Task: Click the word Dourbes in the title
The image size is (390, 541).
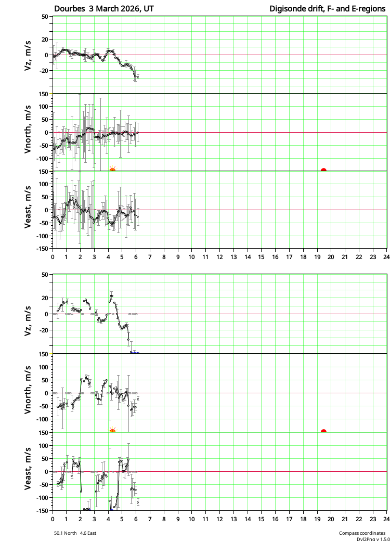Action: pos(69,9)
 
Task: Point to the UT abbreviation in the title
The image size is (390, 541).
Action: pos(149,9)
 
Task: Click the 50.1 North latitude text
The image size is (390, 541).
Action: pos(66,533)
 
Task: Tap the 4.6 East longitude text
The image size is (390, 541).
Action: pos(88,533)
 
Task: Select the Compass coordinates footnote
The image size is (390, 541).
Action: pos(362,533)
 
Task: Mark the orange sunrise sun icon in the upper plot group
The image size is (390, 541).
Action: pos(112,169)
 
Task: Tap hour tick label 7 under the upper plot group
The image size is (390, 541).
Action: pos(150,257)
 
